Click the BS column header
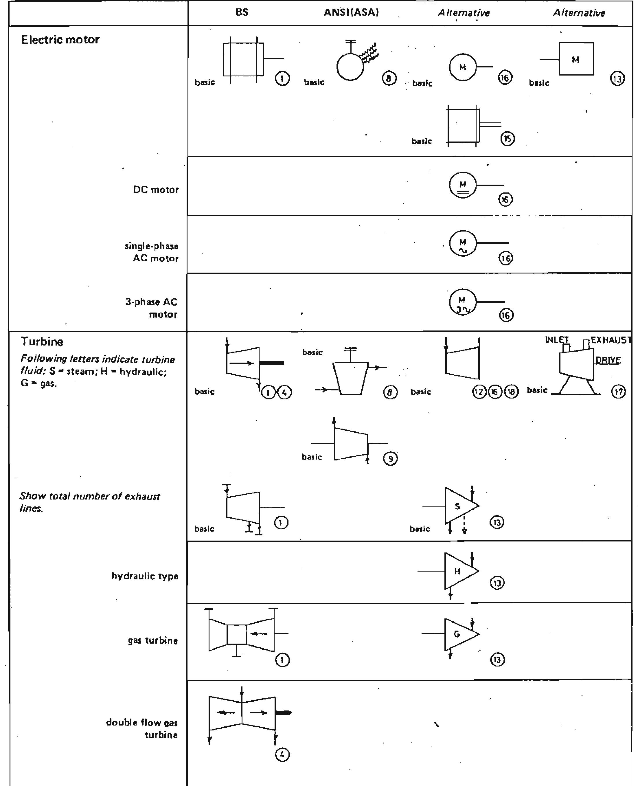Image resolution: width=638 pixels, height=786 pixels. [242, 12]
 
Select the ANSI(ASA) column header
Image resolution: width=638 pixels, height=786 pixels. [351, 12]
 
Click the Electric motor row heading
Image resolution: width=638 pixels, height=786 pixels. [60, 40]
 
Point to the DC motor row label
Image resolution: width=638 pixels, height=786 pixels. [156, 190]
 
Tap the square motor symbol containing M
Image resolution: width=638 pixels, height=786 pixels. [576, 59]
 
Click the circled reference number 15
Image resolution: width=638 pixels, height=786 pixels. [508, 139]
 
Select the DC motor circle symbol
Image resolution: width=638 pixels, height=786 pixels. [463, 185]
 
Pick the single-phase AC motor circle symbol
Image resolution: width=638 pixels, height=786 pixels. [463, 243]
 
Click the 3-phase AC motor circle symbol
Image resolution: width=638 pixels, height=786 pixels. [462, 302]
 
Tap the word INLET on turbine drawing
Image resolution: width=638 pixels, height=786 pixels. [556, 340]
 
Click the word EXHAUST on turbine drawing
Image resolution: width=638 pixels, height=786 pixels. [611, 340]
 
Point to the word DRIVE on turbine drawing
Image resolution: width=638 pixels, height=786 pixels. [608, 360]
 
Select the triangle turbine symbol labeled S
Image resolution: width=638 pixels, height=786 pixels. [459, 506]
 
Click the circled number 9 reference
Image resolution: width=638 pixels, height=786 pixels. [390, 459]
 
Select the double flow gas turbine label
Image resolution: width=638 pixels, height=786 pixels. [142, 728]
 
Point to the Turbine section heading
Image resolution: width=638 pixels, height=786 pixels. [42, 341]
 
